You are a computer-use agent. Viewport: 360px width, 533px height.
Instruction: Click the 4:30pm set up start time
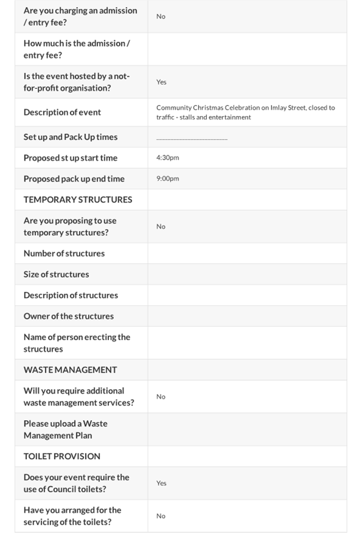coord(167,158)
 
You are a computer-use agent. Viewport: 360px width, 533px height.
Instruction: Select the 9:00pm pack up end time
coord(167,178)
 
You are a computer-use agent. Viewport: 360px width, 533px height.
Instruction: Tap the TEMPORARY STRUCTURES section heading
coord(77,199)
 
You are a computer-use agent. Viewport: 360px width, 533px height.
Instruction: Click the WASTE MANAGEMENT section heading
coord(70,370)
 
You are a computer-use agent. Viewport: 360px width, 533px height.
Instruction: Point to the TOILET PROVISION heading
coord(62,456)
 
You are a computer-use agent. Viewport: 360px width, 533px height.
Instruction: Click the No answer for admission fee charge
coord(161,16)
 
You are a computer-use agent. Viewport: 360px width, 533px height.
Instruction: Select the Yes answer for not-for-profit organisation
coord(161,82)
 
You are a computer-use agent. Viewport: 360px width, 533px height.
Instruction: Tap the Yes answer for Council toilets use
coord(161,483)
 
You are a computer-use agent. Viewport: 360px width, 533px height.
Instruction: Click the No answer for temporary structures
coord(161,226)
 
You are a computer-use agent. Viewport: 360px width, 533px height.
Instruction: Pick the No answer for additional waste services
coord(161,397)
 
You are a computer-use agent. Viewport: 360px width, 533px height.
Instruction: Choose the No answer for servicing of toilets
coord(161,516)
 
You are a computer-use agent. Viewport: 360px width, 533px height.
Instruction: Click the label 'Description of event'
coord(62,112)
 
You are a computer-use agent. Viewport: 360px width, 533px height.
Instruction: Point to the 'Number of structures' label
coord(64,253)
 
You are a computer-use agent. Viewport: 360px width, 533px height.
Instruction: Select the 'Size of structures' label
coord(56,274)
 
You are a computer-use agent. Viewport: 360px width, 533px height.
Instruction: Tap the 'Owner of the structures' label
coord(69,316)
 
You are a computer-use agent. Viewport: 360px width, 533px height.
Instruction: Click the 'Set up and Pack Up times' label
coord(70,137)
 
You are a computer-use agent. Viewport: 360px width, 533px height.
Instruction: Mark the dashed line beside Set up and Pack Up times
coord(192,139)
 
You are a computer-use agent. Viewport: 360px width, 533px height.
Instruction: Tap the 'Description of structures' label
coord(70,295)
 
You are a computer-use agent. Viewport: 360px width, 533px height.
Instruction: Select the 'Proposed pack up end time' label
coord(74,179)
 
